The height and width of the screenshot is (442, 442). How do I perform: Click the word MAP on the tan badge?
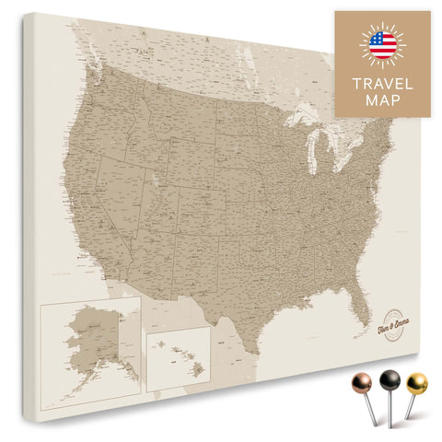382,100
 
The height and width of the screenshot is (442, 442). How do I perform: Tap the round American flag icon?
382,44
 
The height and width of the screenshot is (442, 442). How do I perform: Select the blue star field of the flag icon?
377,40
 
